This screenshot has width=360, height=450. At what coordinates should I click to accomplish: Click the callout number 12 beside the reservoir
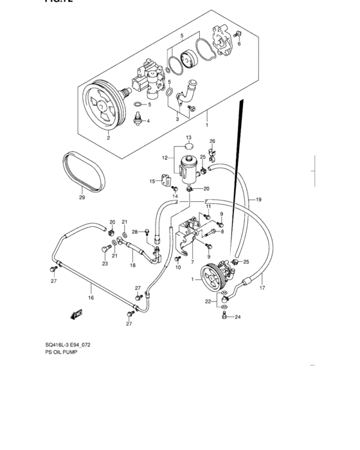[164, 157]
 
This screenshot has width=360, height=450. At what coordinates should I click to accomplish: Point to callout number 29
[82, 197]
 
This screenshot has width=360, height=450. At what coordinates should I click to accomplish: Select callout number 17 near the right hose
[262, 287]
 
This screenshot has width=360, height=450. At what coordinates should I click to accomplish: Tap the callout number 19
[258, 200]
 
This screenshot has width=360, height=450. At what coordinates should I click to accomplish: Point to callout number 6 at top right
[239, 44]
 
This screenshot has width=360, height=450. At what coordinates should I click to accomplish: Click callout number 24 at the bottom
[237, 317]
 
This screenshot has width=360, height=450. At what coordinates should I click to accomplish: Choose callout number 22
[207, 301]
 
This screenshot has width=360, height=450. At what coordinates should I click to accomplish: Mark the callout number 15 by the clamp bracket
[152, 182]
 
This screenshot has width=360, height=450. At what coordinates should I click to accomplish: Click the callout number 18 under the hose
[133, 265]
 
